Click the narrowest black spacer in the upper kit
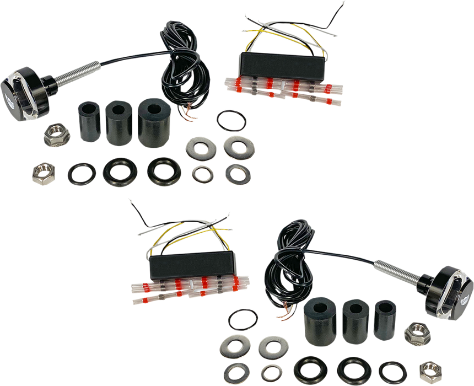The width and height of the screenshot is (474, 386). click(90, 121)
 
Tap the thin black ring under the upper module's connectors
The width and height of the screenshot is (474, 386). click(230, 120)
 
